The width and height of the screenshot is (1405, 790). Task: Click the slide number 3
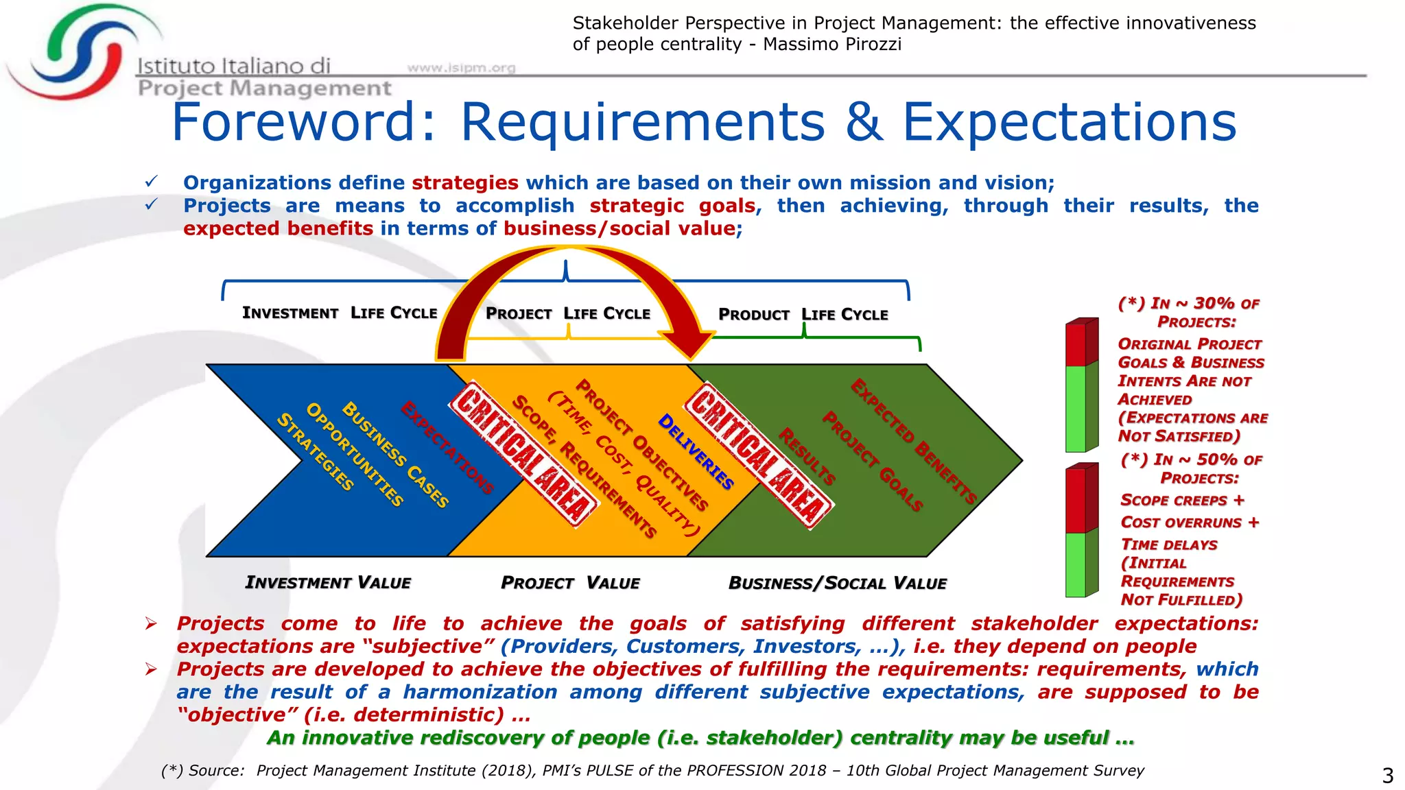pyautogui.click(x=1387, y=776)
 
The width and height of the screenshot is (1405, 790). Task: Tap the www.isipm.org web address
pyautogui.click(x=461, y=67)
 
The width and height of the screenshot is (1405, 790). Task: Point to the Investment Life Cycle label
pyautogui.click(x=340, y=313)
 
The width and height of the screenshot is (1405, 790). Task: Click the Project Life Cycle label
pyautogui.click(x=567, y=313)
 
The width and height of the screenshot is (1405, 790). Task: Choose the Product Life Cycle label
pyautogui.click(x=803, y=314)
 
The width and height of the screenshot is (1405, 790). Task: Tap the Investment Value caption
pyautogui.click(x=328, y=582)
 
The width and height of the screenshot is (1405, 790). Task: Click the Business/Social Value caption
pyautogui.click(x=837, y=583)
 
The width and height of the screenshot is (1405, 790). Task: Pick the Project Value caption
pyautogui.click(x=570, y=583)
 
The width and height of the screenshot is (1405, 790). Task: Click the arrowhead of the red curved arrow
pyautogui.click(x=689, y=342)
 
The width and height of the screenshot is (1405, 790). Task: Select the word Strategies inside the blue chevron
pyautogui.click(x=315, y=452)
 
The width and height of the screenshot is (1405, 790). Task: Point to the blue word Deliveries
pyautogui.click(x=696, y=451)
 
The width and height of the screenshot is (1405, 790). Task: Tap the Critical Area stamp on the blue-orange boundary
pyautogui.click(x=523, y=454)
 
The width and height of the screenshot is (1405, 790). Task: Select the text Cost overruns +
pyautogui.click(x=1190, y=523)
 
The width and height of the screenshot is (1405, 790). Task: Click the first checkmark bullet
pyautogui.click(x=151, y=182)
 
